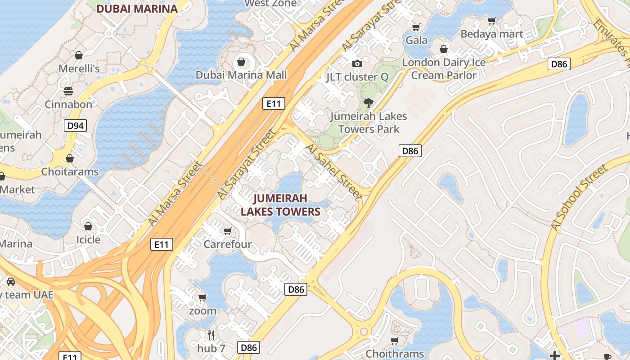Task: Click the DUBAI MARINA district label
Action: [137, 9]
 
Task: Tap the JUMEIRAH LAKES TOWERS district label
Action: [280, 205]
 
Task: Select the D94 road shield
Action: [75, 126]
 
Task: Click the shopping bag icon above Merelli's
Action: [79, 55]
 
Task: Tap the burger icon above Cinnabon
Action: [68, 91]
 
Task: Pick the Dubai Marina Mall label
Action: [241, 75]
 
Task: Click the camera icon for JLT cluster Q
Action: [357, 64]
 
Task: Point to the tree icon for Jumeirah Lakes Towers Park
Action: [369, 103]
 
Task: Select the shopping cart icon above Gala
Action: [416, 27]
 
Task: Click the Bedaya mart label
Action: [492, 34]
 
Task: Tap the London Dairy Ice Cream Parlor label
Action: [444, 69]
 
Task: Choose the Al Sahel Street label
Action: [333, 172]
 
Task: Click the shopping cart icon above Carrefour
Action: [228, 231]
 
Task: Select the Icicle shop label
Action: [88, 239]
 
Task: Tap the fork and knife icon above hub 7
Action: [211, 335]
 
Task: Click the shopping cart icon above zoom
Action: [202, 297]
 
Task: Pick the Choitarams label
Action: [70, 171]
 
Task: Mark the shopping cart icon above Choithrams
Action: [395, 341]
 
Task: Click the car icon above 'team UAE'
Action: [11, 282]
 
